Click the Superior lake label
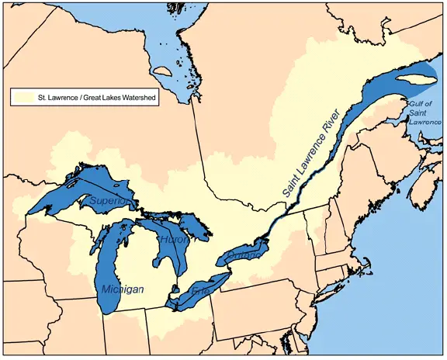coord(108,200)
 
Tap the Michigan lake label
coord(123,289)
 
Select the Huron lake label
coord(172,240)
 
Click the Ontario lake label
coord(247,253)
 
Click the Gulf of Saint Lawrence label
coord(424,114)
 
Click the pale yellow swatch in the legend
coord(22,99)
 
